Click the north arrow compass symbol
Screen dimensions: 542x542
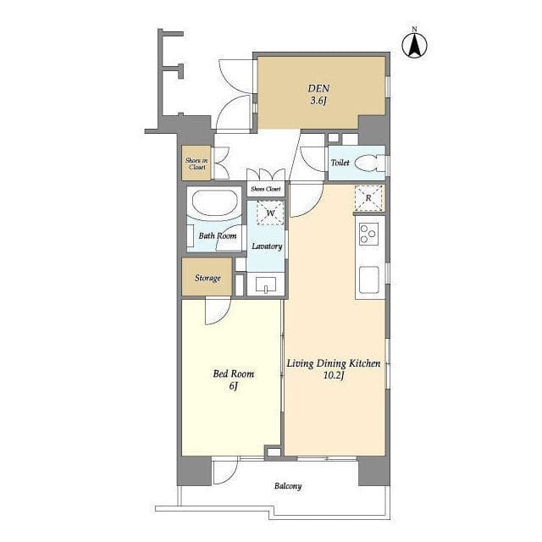(x=414, y=44)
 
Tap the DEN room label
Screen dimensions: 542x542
(x=318, y=88)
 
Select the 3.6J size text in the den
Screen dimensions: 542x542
(x=318, y=101)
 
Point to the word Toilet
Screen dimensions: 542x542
(x=340, y=163)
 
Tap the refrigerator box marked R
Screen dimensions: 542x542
(x=368, y=198)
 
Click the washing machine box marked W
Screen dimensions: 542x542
(x=270, y=213)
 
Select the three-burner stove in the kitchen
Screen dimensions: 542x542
(x=369, y=234)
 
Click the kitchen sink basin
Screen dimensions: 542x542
(x=369, y=279)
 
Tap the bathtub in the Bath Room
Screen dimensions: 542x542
(x=214, y=204)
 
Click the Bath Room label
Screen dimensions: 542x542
(x=218, y=236)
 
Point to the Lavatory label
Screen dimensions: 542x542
(x=267, y=246)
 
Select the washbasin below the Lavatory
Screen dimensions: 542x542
(x=266, y=285)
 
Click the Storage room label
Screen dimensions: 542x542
(x=207, y=278)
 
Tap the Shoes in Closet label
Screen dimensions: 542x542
(x=196, y=163)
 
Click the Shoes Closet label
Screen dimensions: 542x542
(x=265, y=189)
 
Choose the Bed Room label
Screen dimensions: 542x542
(x=234, y=373)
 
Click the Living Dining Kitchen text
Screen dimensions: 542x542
(x=334, y=363)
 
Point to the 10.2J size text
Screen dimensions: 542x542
(x=334, y=376)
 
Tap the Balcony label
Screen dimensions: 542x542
(x=288, y=486)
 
